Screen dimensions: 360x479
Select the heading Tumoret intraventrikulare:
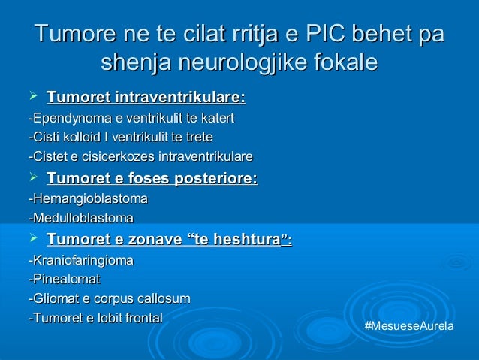146,98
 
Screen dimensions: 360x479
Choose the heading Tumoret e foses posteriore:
152,179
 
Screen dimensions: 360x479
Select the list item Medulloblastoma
80,219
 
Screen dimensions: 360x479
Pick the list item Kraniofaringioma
80,261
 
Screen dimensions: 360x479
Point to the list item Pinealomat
63,280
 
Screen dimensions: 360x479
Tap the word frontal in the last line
140,318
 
